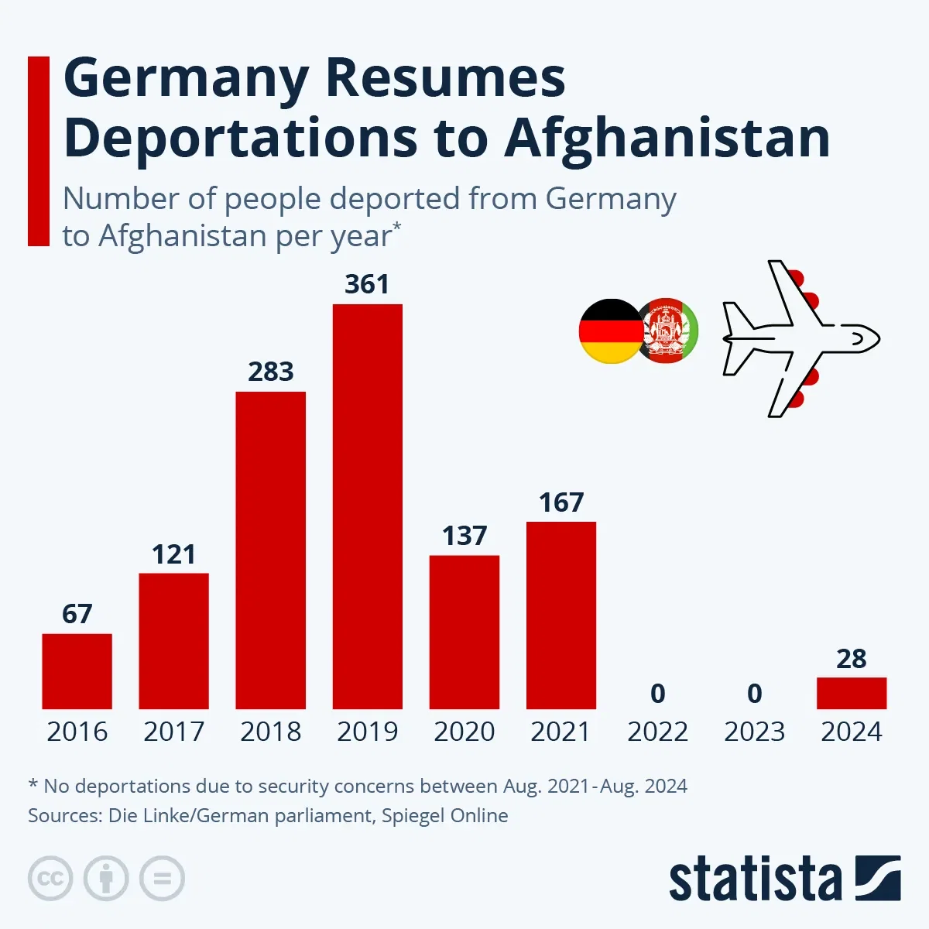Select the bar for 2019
(x=367, y=506)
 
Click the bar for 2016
(x=77, y=671)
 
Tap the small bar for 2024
(x=851, y=693)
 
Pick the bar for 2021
(x=560, y=615)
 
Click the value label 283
(x=270, y=372)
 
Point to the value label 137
(x=464, y=536)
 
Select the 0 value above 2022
(x=657, y=694)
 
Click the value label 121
(x=173, y=554)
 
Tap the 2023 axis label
(x=754, y=732)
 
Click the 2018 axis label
(x=270, y=732)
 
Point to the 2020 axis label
(x=464, y=732)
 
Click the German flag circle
(x=610, y=331)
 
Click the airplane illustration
(x=797, y=338)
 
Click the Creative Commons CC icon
(x=50, y=879)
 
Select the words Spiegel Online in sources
(x=444, y=815)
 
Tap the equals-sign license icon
(x=162, y=879)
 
